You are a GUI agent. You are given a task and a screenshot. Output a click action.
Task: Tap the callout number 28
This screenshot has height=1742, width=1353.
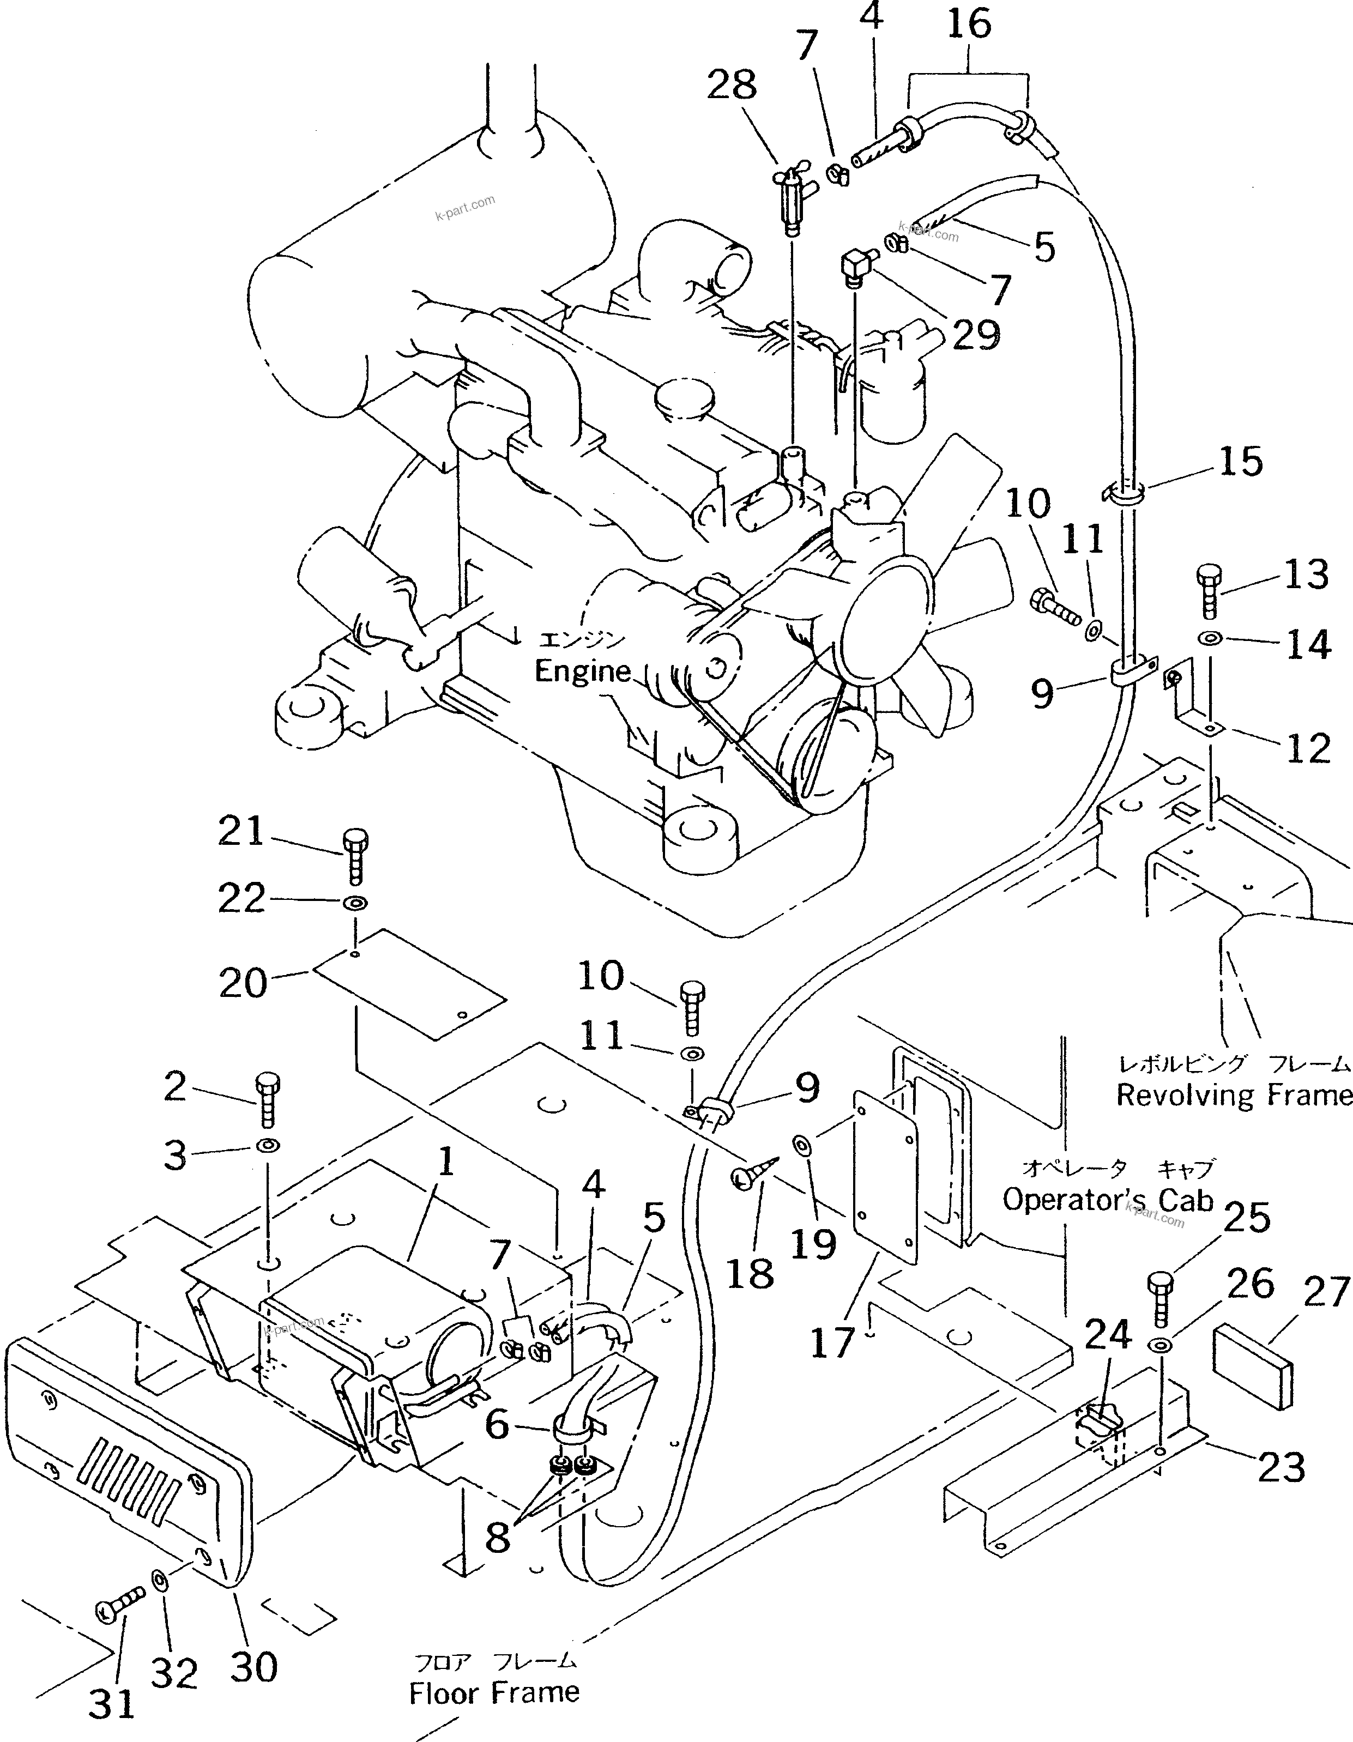pos(732,84)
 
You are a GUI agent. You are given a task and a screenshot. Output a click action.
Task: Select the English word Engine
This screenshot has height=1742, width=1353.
pos(582,671)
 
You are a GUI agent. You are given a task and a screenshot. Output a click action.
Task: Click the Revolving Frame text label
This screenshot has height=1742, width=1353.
pos(1233,1095)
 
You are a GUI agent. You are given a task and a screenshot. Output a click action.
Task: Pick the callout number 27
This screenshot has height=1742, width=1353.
pos(1325,1293)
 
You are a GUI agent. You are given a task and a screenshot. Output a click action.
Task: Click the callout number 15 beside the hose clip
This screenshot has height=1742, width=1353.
pos(1241,461)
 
